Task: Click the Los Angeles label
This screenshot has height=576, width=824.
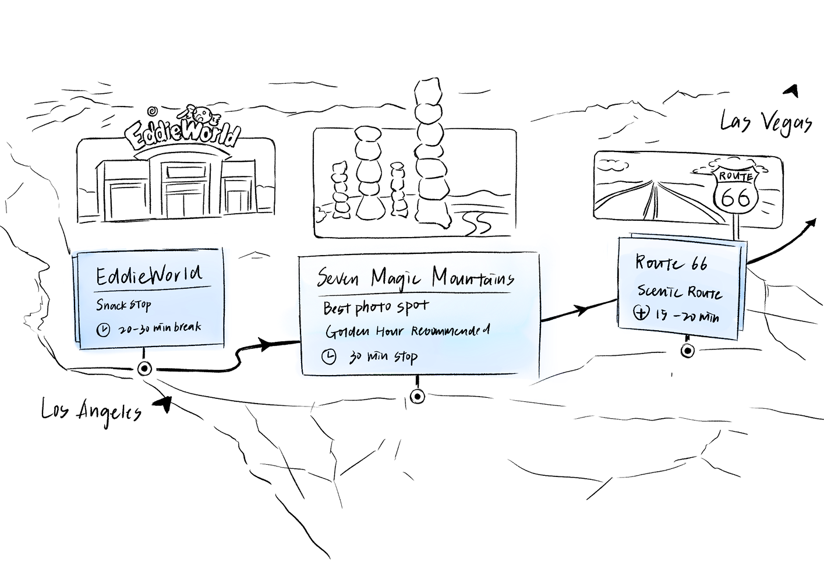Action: point(91,411)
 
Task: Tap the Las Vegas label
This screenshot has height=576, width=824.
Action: point(766,123)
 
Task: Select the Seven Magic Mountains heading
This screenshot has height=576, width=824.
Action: point(415,278)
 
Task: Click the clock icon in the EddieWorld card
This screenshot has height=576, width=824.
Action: point(103,330)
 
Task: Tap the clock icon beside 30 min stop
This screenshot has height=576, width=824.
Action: point(329,357)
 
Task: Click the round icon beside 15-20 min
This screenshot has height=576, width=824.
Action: point(641,313)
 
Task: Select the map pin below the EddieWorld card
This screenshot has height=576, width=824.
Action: point(144,368)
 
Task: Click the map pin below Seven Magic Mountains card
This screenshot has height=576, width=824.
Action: point(417,397)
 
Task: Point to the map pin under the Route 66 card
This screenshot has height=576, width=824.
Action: point(687,351)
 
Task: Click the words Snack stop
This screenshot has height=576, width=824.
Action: point(123,305)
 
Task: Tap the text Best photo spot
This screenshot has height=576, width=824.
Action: point(376,308)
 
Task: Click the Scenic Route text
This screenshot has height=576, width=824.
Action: point(679,292)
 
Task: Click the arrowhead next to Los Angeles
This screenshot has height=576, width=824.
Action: point(164,403)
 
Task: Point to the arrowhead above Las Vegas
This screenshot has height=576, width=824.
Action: point(791,91)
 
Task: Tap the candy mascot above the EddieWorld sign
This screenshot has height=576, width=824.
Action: point(201,114)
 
